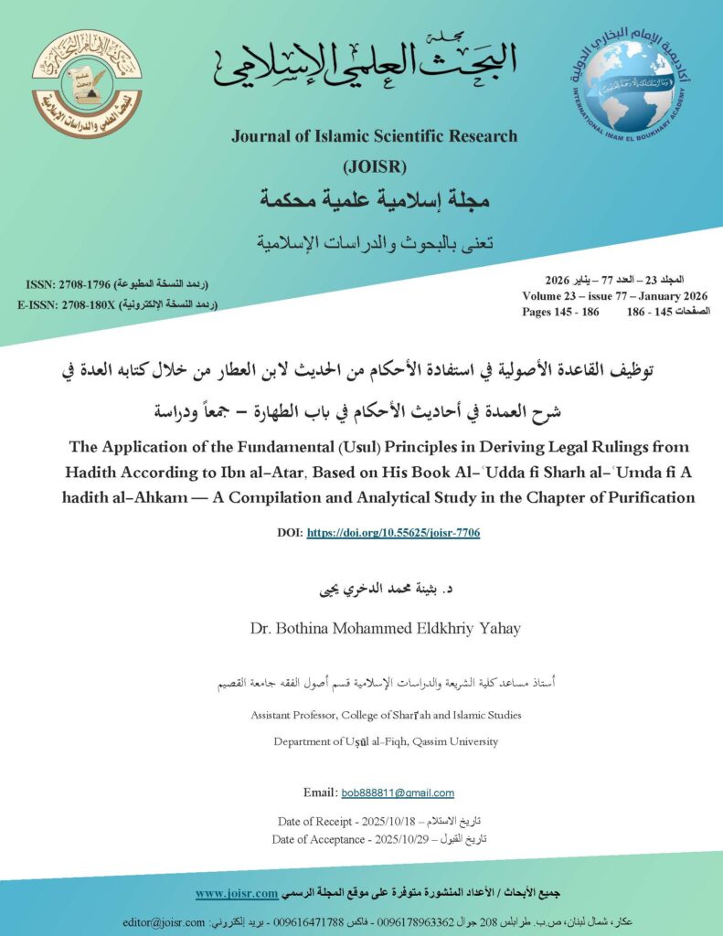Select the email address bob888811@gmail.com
pos(397,792)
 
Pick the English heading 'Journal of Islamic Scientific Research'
pos(374,136)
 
